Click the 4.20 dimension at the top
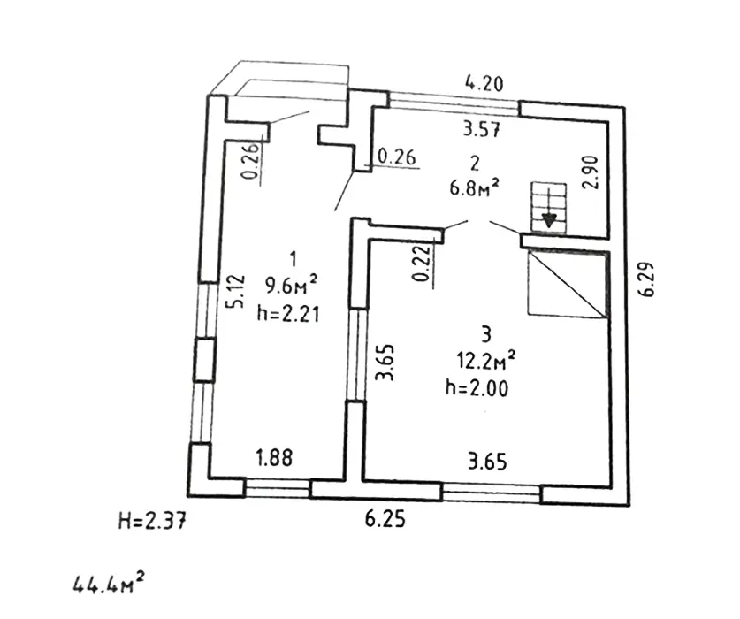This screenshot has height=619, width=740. tap(484, 85)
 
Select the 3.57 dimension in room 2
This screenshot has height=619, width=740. tap(483, 130)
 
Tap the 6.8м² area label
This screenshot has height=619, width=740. tap(475, 186)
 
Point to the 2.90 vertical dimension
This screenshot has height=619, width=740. tap(591, 172)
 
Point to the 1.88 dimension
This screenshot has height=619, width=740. tap(274, 458)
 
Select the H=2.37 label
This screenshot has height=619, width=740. tap(151, 522)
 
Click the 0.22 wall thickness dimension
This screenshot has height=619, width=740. tap(421, 264)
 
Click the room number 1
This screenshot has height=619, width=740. tap(293, 258)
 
